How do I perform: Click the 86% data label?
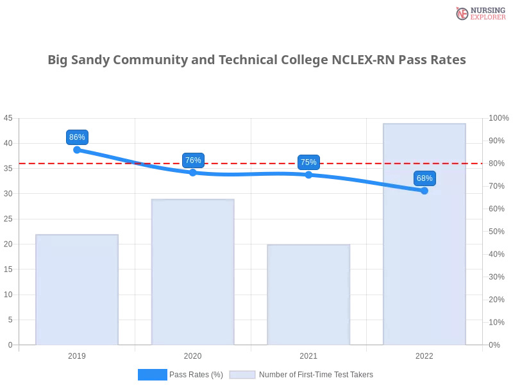pos(77,137)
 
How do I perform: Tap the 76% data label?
pos(193,160)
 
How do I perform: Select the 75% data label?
pos(308,162)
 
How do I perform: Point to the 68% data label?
pos(425,178)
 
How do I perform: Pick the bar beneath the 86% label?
pos(77,289)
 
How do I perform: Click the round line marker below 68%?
pos(425,191)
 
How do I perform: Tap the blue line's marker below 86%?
pos(77,150)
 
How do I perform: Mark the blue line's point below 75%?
pos(308,174)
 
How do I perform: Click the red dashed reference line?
pos(256,163)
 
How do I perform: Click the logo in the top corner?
pos(479,13)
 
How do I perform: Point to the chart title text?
pos(256,60)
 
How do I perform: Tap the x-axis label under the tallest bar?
pos(425,354)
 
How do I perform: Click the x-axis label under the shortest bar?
pos(308,354)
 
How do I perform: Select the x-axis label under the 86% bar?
pos(77,354)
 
